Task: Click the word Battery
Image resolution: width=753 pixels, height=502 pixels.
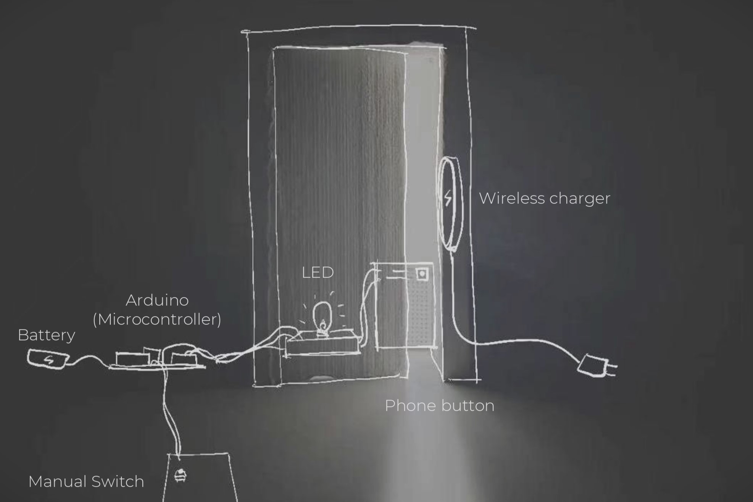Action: tap(46, 335)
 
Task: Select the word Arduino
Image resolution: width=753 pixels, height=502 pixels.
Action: tap(157, 300)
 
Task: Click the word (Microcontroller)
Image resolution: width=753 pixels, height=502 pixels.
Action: tap(157, 319)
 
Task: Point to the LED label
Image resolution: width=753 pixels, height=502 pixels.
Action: tap(318, 273)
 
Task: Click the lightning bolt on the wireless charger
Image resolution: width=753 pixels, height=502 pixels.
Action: tap(448, 198)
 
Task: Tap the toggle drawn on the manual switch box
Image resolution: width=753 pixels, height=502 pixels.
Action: tap(180, 476)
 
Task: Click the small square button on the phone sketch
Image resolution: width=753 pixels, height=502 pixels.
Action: tap(422, 274)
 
